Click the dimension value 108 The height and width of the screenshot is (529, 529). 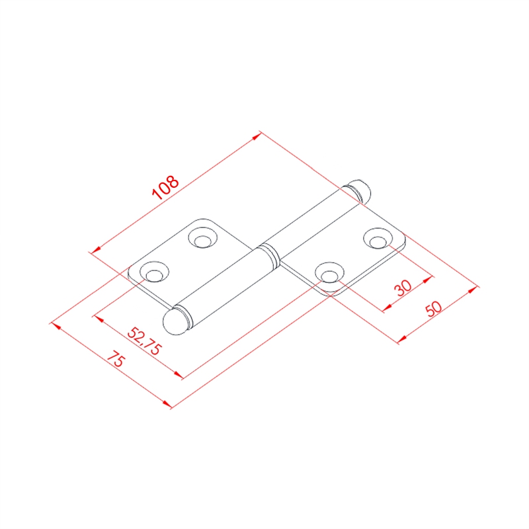click(165, 188)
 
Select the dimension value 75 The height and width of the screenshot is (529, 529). click(116, 358)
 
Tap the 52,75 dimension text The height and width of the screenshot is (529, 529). click(144, 341)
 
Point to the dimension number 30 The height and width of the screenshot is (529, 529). click(403, 288)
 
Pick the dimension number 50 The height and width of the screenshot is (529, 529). click(434, 309)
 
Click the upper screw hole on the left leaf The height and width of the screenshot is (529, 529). click(202, 238)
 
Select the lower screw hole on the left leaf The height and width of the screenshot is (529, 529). click(154, 272)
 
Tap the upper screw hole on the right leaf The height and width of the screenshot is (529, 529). click(378, 239)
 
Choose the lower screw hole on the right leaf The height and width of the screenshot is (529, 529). click(329, 273)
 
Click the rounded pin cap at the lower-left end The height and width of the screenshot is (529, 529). click(175, 321)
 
